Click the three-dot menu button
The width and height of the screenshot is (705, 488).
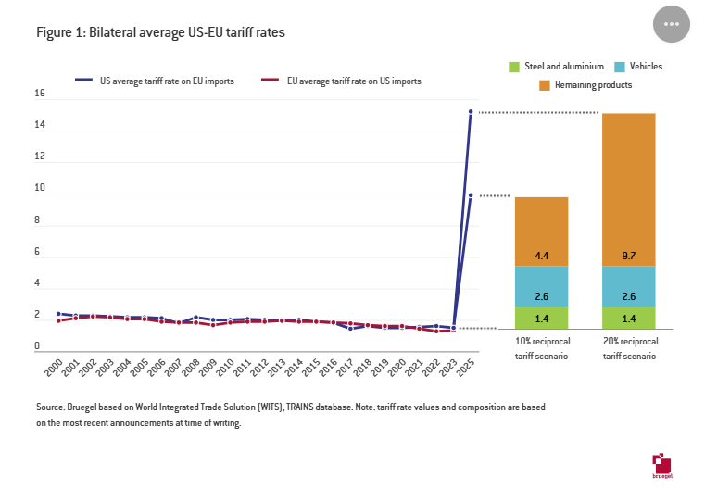(x=673, y=24)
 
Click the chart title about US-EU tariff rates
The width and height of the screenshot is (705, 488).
(x=160, y=32)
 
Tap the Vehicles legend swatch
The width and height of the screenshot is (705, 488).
(x=621, y=67)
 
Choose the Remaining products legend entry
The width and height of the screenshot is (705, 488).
(x=545, y=85)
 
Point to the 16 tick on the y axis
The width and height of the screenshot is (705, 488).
(x=39, y=94)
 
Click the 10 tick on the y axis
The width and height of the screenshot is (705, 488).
(x=39, y=188)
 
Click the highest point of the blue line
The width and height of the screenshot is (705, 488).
(x=471, y=112)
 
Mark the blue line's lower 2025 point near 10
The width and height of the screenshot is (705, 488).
(x=471, y=195)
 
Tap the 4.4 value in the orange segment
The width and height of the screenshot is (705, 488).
(x=541, y=253)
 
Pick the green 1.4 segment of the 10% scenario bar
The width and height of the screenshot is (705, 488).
(x=541, y=318)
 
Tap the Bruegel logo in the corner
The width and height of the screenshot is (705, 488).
(x=663, y=466)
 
